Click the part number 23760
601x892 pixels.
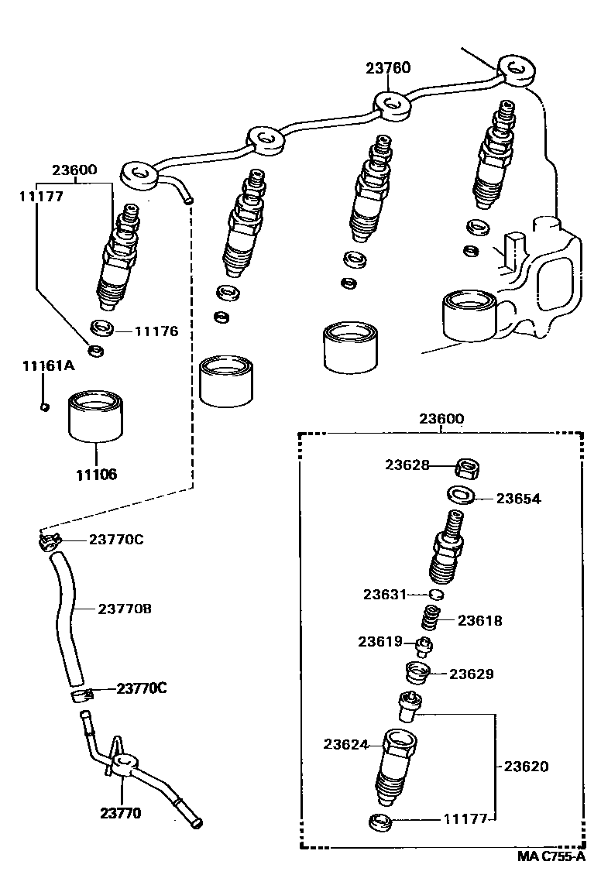coord(388,68)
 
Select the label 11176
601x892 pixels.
coord(156,331)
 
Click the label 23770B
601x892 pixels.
coord(125,609)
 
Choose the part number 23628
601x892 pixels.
coord(407,465)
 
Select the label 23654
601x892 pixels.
coord(518,499)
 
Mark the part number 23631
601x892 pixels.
coord(385,594)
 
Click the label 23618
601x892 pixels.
coord(479,620)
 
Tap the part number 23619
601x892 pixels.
coord(379,641)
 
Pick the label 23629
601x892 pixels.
coord(472,674)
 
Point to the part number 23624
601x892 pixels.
coord(345,744)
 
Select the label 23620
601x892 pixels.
coord(526,767)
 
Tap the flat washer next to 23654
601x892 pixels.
coord(460,494)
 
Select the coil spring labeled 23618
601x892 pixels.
coord(431,619)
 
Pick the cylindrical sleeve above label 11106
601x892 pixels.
coord(96,417)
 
